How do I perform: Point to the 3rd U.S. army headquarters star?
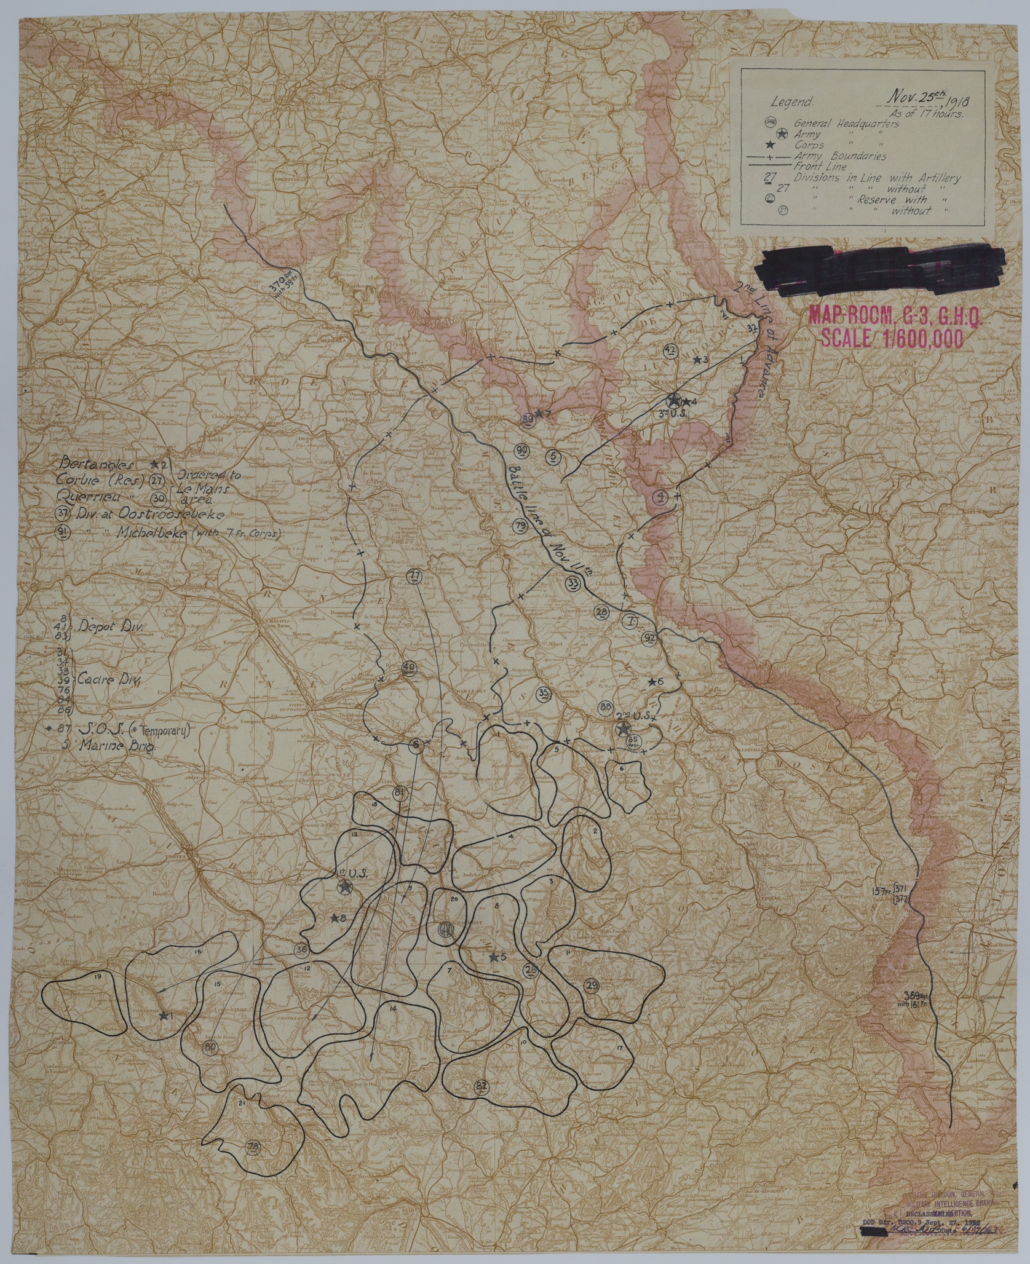pos(674,400)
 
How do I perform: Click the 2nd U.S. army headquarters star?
pos(624,729)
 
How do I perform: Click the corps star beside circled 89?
pos(538,415)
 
